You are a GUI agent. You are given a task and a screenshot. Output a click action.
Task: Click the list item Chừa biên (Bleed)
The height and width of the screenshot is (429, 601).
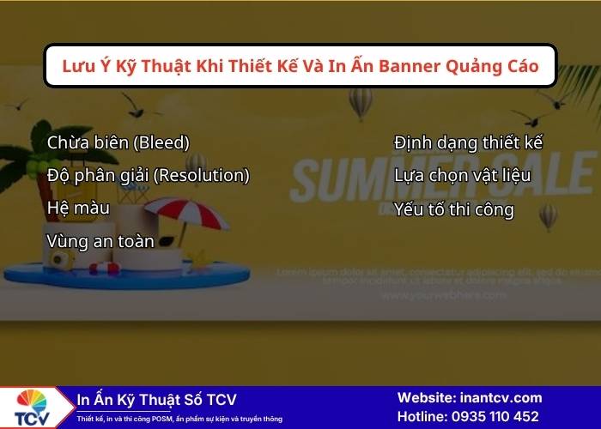[118, 142]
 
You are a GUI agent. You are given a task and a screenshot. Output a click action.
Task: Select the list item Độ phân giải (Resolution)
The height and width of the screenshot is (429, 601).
[148, 176]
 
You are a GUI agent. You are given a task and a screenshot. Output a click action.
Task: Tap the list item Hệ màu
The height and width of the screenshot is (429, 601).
[77, 208]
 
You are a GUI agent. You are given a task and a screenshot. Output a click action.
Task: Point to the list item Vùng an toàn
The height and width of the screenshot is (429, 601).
[100, 242]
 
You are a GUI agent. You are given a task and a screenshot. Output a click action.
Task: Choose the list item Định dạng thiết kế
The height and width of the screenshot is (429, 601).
[468, 142]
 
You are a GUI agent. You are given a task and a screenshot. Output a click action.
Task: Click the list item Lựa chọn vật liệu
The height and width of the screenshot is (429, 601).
[462, 176]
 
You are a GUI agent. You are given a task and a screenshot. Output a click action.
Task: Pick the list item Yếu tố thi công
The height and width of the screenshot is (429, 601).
[453, 209]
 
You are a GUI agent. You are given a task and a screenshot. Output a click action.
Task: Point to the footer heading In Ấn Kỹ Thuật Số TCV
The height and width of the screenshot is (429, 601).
[156, 400]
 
